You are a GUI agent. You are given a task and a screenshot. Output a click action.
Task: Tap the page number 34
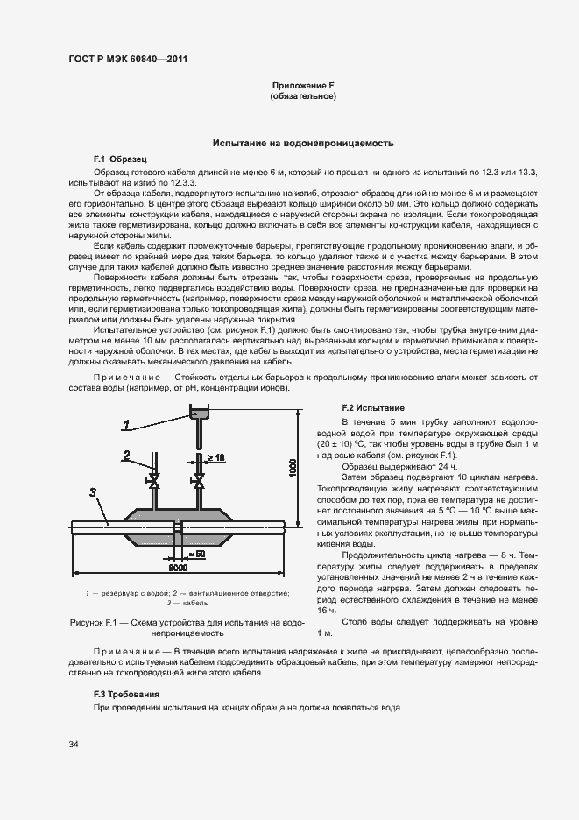(74, 744)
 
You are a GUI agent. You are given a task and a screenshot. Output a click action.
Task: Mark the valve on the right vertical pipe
(199, 483)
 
